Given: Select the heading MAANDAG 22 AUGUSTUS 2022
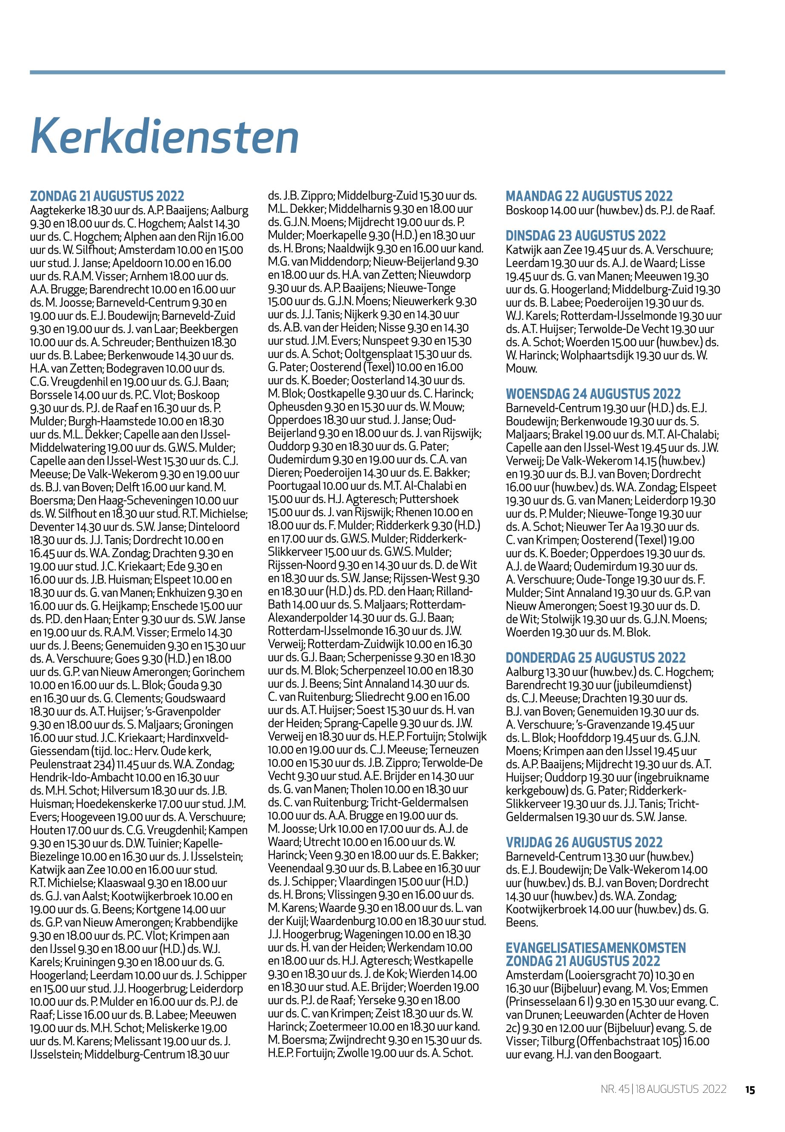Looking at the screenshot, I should point(589,196).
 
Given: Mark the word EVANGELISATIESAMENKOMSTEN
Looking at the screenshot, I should point(596,948).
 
